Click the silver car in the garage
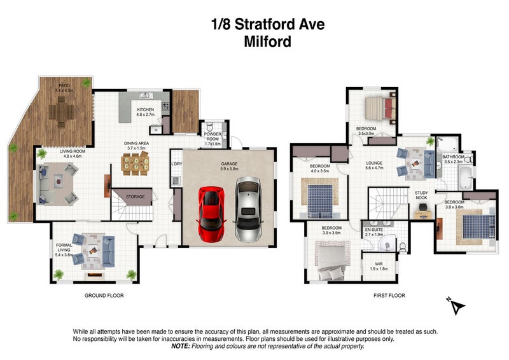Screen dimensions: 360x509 (247, 209)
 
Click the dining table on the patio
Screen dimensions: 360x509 (62, 113)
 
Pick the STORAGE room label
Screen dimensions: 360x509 (135, 197)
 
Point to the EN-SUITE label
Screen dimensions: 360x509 (373, 231)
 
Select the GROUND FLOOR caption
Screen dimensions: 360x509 (104, 296)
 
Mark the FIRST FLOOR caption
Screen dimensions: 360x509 (389, 296)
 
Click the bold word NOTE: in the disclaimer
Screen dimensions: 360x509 (181, 347)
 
